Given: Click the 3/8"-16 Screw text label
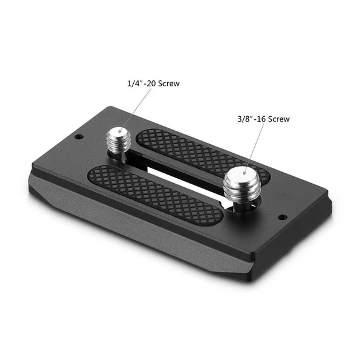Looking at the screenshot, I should tap(264, 119).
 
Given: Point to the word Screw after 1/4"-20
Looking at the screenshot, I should tap(169, 83).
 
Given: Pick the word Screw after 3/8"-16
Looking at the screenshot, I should tap(277, 119).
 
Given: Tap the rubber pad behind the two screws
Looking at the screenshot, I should tap(195, 152).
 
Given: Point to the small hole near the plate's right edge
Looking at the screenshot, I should tap(282, 217).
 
